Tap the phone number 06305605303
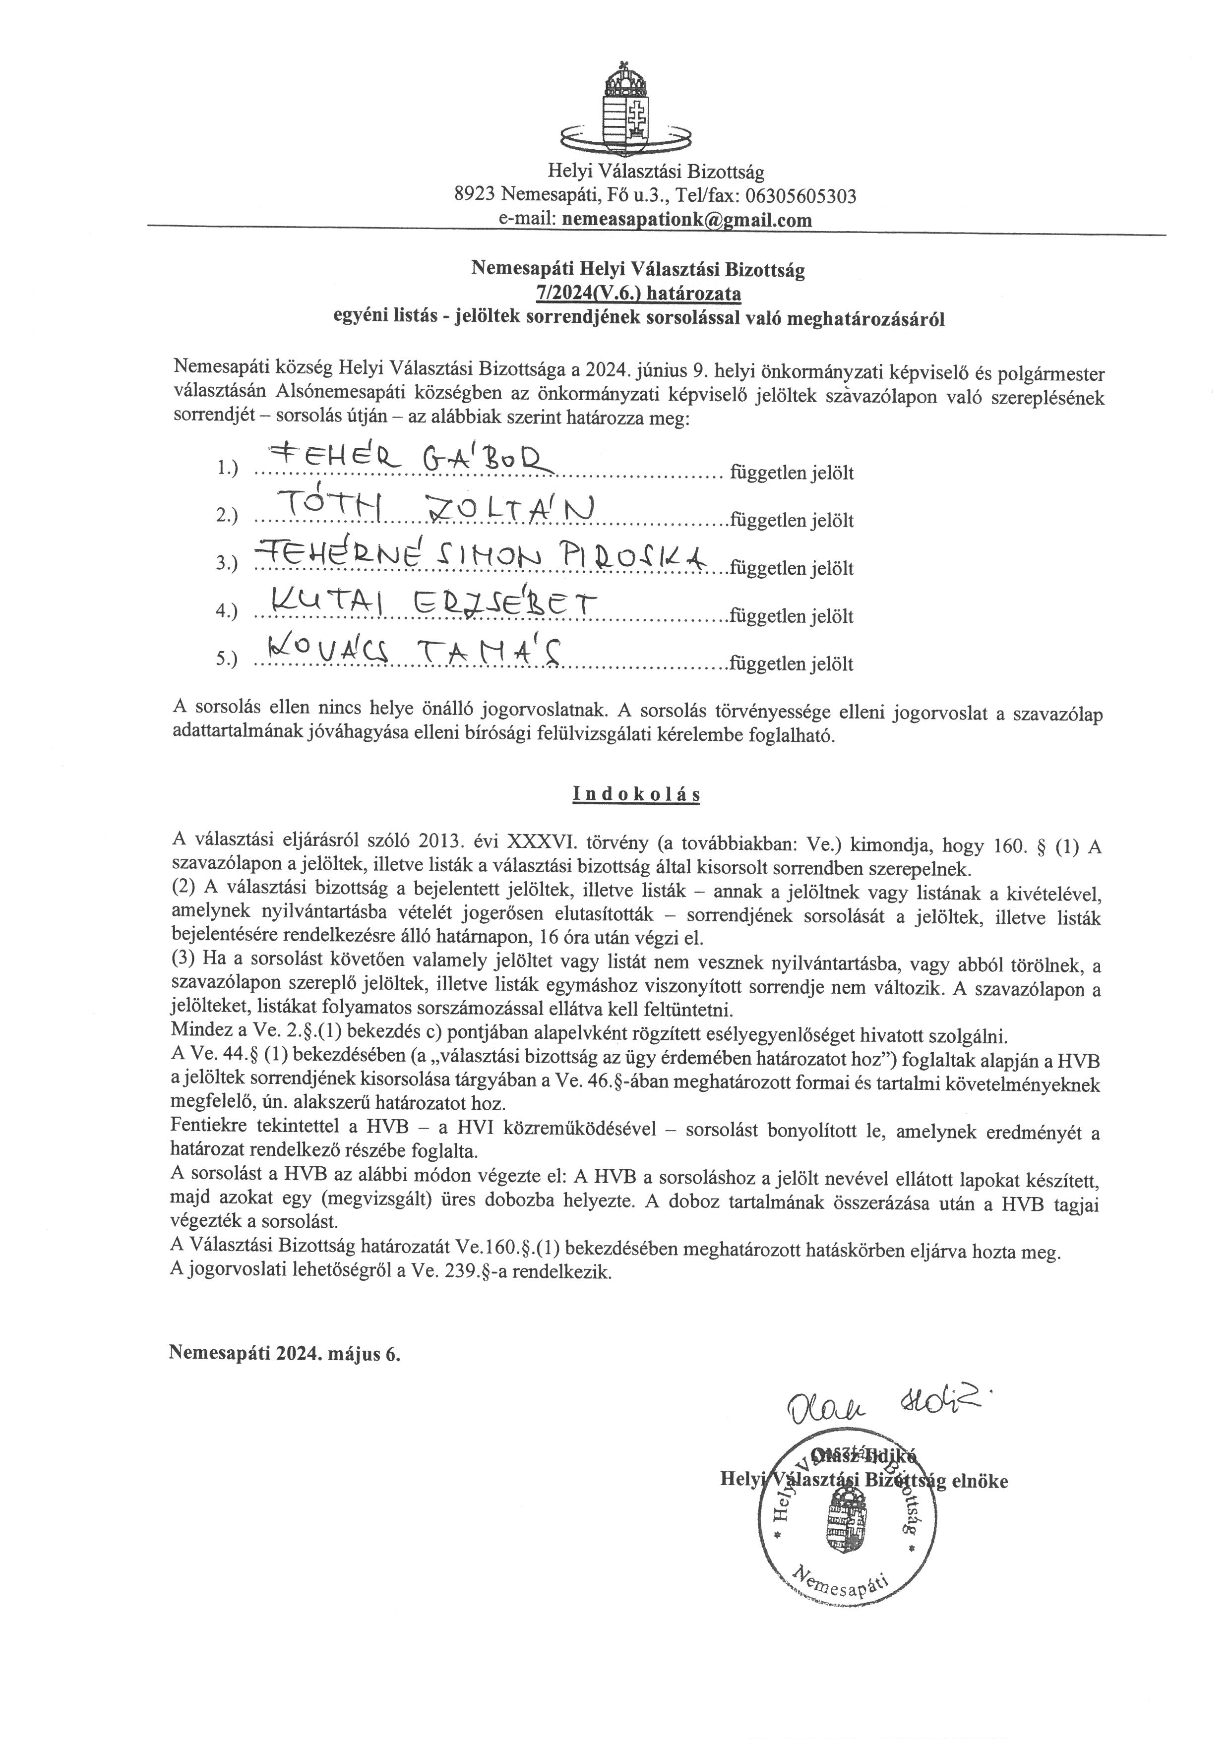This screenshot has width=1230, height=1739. click(801, 196)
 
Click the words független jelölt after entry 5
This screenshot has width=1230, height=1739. click(791, 664)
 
